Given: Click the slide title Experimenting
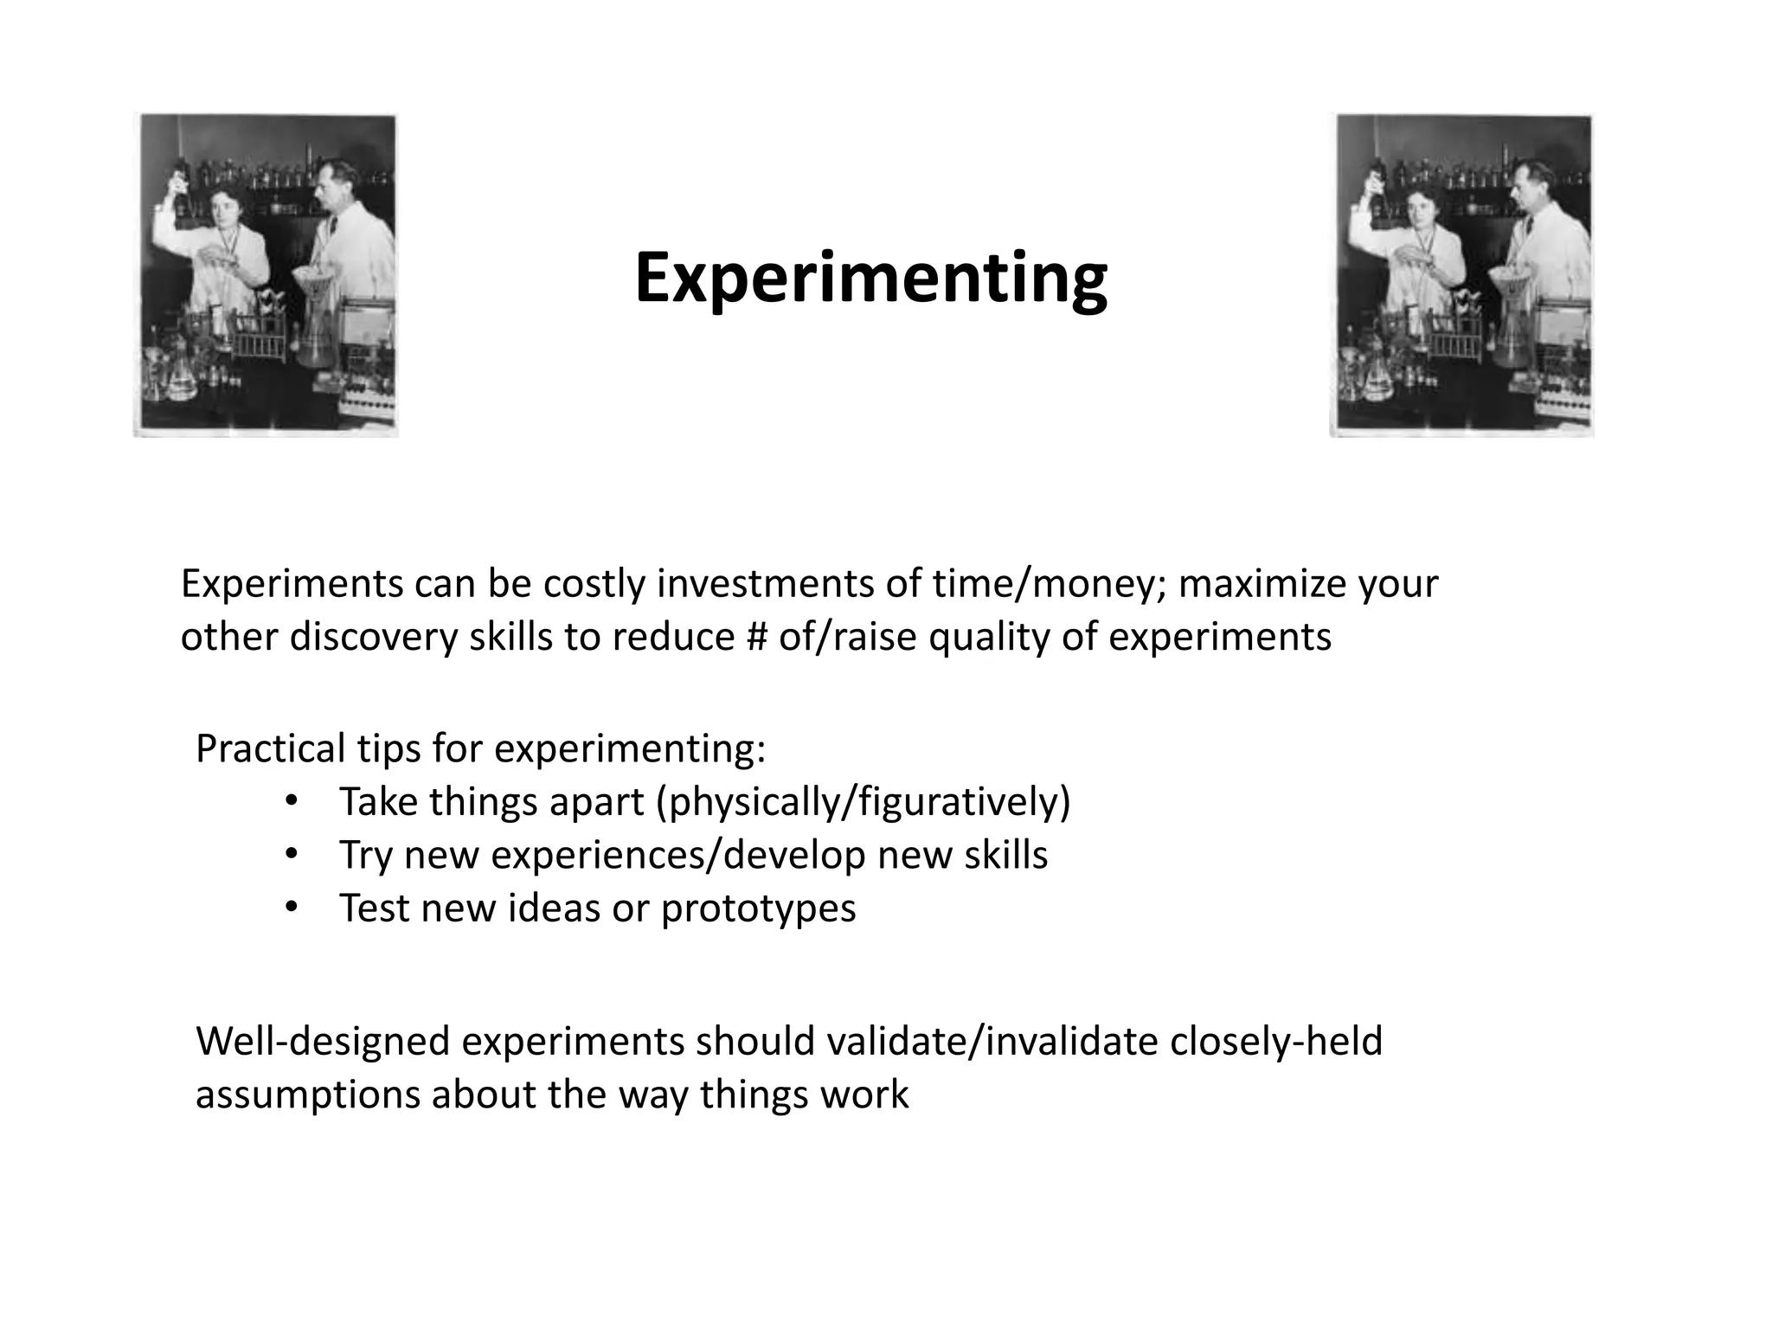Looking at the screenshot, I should (870, 279).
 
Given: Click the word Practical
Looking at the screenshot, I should (269, 748).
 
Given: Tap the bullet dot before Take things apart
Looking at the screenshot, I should (291, 801).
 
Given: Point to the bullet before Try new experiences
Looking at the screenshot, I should (291, 855).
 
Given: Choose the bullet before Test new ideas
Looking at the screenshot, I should (291, 908).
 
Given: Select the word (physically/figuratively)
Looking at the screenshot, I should (863, 802).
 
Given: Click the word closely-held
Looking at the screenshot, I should (1275, 1041).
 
